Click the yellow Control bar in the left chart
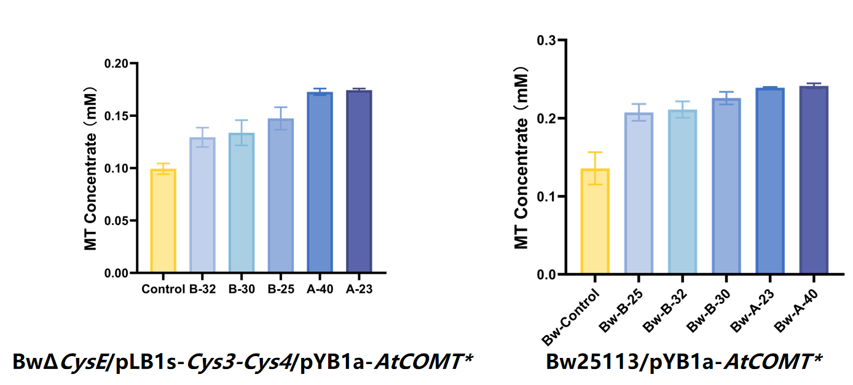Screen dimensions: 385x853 163,221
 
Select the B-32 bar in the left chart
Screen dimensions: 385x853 202,205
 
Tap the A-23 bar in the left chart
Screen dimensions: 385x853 359,182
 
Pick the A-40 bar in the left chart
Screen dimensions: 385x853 320,183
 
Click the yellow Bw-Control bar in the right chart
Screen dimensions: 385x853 595,222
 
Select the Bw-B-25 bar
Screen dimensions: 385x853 639,194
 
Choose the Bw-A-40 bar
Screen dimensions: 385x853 814,181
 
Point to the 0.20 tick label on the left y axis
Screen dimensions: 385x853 116,63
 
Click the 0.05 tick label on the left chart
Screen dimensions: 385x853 116,220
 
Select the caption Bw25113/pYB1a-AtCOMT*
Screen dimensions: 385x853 684,362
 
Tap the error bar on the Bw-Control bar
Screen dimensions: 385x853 595,168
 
